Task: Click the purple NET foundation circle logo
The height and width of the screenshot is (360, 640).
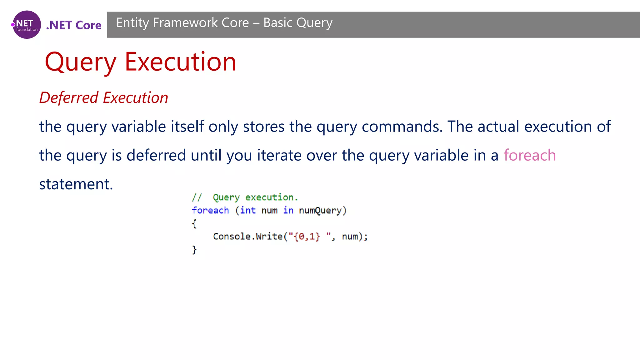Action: (27, 25)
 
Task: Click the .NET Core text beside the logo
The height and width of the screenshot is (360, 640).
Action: (74, 25)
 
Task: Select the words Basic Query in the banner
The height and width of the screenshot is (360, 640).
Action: (298, 23)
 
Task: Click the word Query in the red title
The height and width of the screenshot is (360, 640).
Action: (81, 62)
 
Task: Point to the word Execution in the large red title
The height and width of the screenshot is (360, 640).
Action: (180, 62)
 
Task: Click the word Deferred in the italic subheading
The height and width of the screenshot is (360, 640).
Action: (69, 97)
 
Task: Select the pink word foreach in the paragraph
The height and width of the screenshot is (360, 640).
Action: (529, 155)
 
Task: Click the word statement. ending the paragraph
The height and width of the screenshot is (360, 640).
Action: (76, 184)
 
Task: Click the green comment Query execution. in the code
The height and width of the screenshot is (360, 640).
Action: (255, 197)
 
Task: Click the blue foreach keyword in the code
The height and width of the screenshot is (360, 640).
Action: (210, 210)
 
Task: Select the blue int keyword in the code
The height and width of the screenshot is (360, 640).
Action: (248, 210)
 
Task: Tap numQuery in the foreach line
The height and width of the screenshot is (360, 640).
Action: (320, 210)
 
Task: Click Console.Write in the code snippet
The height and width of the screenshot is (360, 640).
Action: (248, 237)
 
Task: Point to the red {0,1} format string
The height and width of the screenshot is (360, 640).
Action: (307, 237)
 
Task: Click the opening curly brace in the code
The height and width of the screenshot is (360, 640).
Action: (194, 223)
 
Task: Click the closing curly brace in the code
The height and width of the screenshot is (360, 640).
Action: (194, 250)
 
